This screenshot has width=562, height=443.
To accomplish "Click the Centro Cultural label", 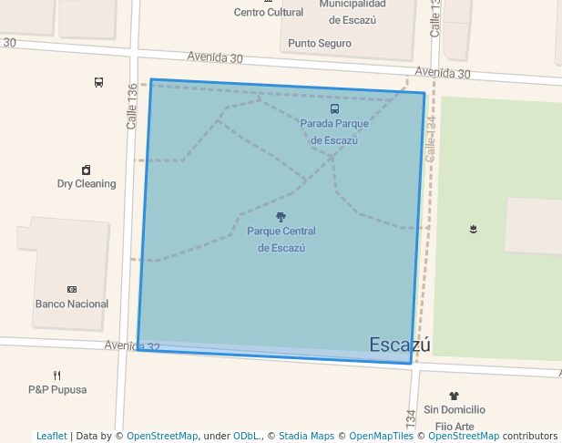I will [268, 13].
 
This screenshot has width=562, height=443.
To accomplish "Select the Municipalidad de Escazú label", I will [352, 12].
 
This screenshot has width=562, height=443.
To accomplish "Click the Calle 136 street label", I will [132, 106].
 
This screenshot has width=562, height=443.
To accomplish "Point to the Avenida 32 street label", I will [131, 346].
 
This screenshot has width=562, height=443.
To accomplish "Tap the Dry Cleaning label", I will [87, 183].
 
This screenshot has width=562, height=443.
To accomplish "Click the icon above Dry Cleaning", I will [87, 170].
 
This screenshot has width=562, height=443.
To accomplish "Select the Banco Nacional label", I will [72, 304].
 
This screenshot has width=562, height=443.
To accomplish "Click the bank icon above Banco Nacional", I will [72, 289].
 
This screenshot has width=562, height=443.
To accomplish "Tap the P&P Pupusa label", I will [57, 389].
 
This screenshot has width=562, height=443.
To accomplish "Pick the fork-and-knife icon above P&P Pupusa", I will [57, 375].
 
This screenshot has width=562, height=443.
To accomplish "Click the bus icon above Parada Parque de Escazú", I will [334, 109].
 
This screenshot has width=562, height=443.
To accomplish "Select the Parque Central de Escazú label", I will [281, 239].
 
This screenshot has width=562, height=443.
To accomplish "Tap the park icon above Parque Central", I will [281, 217].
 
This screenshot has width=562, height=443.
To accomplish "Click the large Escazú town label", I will [399, 345].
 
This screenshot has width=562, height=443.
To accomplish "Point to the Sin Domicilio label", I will [455, 410].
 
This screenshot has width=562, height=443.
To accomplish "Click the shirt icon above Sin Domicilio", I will [455, 396].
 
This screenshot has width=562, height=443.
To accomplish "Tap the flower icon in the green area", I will [473, 228].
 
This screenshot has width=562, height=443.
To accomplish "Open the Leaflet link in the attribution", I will [51, 436].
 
